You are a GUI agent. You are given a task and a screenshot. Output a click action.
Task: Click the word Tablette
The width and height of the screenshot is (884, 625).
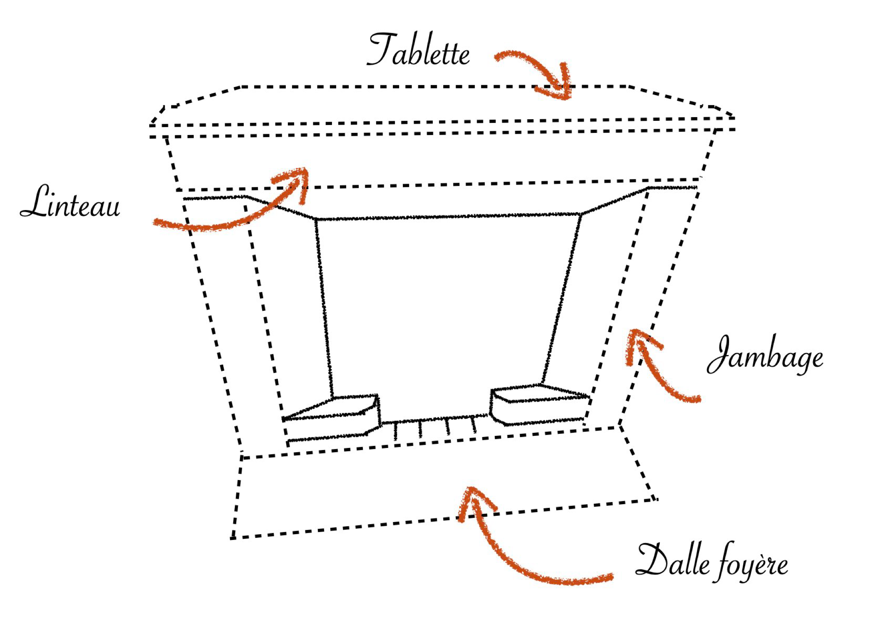tap(418, 50)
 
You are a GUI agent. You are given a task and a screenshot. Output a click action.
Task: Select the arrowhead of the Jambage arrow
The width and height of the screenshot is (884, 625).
tap(639, 344)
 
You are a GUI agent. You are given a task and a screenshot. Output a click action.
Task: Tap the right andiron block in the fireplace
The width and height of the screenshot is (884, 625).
tap(540, 404)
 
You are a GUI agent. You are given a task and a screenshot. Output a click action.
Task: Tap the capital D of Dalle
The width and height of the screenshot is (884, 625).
tap(652, 560)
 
